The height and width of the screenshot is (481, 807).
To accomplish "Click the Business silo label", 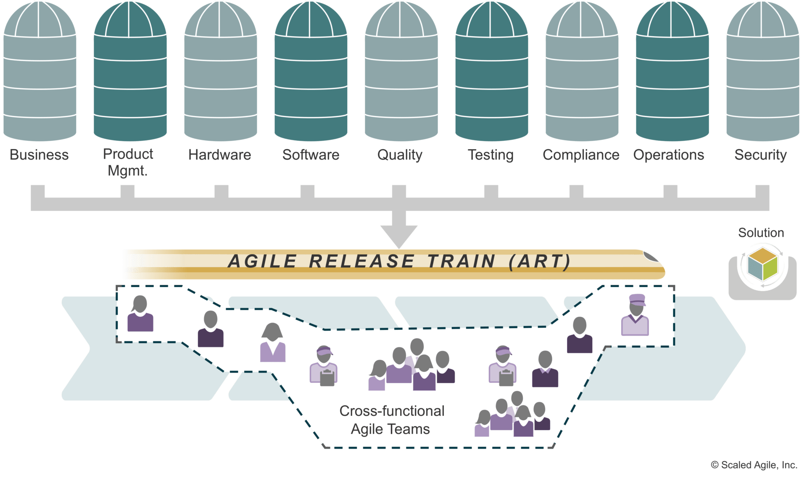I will point(39,155).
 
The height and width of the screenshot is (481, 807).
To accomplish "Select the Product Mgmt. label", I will point(128,162).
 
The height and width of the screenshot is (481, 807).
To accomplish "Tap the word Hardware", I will point(219,155).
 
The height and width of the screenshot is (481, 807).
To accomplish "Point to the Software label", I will point(311,155).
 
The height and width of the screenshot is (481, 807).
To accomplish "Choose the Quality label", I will point(400,155).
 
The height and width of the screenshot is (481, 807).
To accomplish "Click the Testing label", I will point(491,155).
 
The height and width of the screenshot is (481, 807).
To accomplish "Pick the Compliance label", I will point(581,155).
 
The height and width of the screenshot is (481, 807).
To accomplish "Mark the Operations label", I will point(669,155).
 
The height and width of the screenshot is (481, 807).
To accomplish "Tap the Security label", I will point(760,155).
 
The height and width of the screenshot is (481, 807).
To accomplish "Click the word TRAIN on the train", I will point(461,261).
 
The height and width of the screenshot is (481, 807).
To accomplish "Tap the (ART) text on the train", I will point(540,261).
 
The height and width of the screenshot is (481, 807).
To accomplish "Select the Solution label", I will point(761,233).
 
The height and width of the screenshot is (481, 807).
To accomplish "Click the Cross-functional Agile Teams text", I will point(391,420).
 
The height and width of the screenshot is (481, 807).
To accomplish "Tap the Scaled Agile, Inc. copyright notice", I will point(754,465).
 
